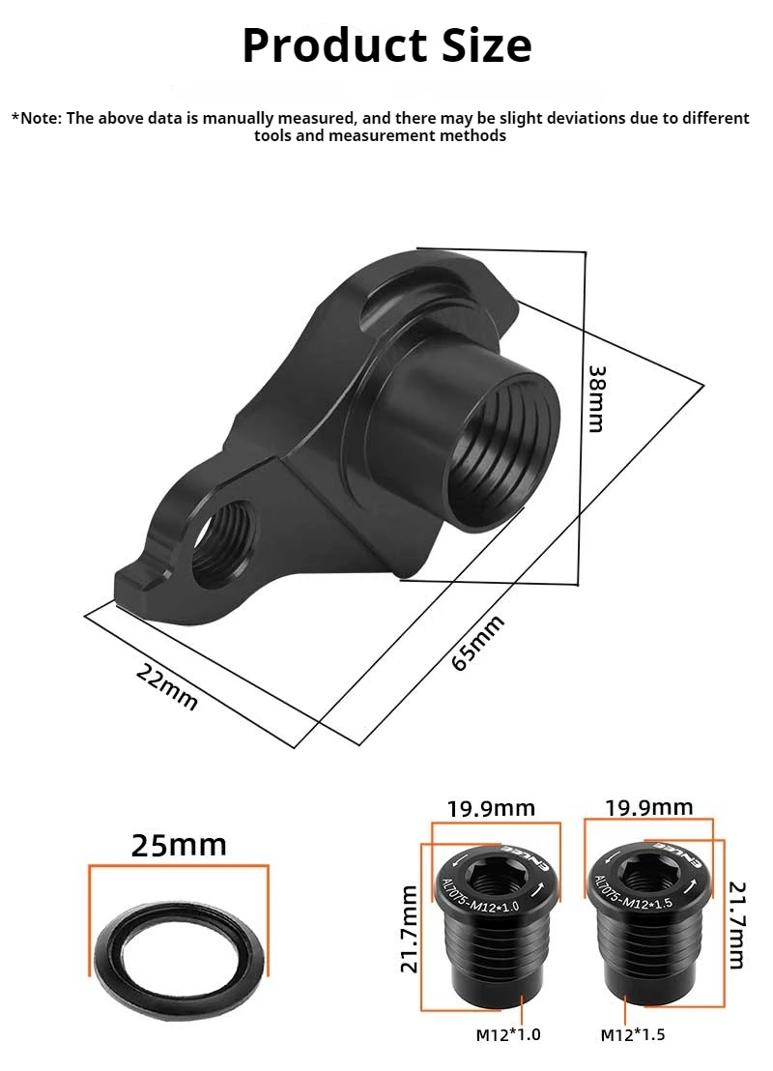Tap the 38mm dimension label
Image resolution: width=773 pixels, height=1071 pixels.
pos(596,399)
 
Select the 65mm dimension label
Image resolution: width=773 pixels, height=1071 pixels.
pos(478,642)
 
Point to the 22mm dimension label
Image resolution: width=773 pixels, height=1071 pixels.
pos(166,686)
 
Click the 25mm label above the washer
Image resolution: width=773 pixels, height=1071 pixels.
pos(179,845)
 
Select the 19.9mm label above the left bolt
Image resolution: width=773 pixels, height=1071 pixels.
pos(491,809)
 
